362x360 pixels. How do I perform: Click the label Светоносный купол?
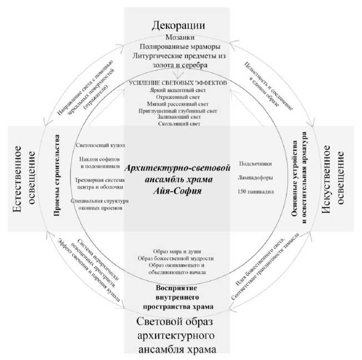(102, 145)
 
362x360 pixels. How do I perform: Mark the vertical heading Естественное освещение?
(26, 178)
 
